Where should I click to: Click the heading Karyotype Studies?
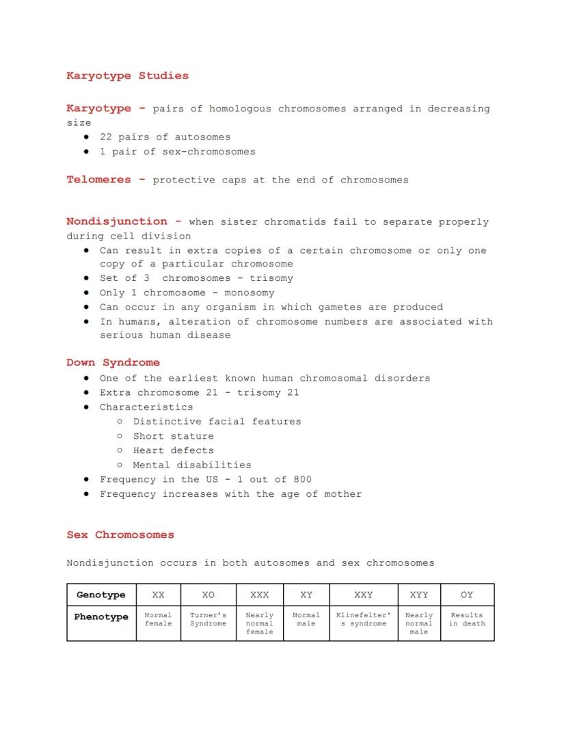(x=127, y=76)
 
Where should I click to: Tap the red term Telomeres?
(x=98, y=180)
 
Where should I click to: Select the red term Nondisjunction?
(x=116, y=221)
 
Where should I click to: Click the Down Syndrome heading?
(x=113, y=363)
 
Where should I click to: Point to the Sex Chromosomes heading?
(x=120, y=535)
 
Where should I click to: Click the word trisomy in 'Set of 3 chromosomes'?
(x=271, y=278)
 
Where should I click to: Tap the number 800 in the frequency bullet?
(x=302, y=479)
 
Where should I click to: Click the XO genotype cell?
(x=208, y=595)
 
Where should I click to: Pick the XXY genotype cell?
(x=363, y=595)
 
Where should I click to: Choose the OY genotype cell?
(x=467, y=595)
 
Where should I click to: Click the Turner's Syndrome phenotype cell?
(x=208, y=619)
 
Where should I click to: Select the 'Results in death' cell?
(x=467, y=619)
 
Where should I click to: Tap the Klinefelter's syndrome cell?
(x=363, y=619)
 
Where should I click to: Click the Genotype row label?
(x=101, y=595)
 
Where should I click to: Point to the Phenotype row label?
(x=101, y=617)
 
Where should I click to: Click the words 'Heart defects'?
(x=174, y=450)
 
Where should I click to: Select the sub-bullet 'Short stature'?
(x=174, y=436)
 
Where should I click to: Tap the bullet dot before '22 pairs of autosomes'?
(x=86, y=137)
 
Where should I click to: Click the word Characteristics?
(x=146, y=407)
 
